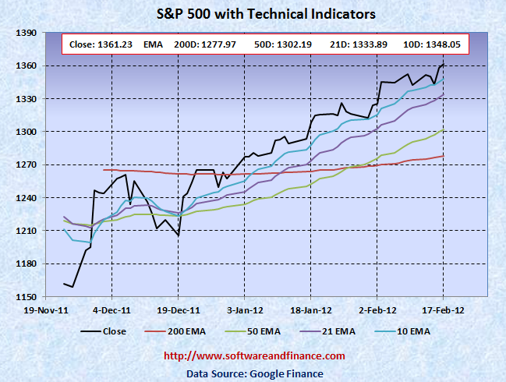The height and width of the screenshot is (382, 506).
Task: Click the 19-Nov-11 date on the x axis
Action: pos(45,309)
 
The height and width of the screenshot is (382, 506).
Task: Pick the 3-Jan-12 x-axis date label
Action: pos(244,309)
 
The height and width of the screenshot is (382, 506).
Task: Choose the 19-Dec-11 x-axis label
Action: pos(178,309)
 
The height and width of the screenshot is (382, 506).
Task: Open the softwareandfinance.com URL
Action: pos(254,356)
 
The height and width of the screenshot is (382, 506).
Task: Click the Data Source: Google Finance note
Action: pos(254,373)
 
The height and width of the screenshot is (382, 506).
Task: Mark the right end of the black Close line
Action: pos(444,64)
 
